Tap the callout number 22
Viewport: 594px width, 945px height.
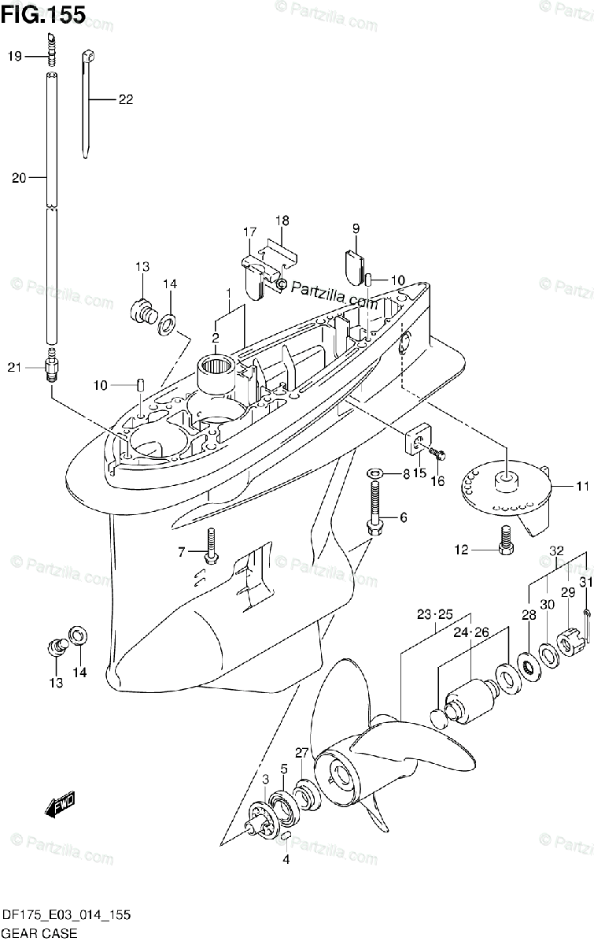point(126,99)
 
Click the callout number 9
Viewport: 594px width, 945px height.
point(356,228)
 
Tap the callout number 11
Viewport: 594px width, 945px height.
point(581,487)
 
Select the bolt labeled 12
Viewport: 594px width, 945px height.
point(506,541)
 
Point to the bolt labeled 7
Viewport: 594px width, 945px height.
point(211,548)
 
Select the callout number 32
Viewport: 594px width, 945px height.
point(556,550)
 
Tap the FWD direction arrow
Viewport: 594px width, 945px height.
point(60,806)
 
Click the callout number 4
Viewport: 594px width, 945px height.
point(286,860)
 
